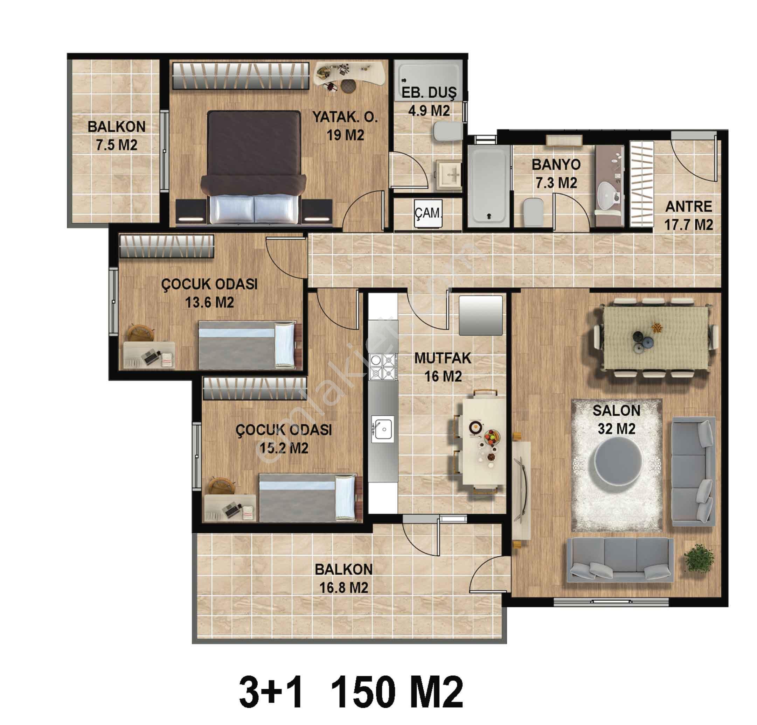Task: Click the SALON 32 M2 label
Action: (x=616, y=419)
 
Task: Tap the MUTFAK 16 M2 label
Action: (x=443, y=367)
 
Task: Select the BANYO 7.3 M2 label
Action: (x=556, y=173)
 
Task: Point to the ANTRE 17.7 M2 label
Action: (x=688, y=216)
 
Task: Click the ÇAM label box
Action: (x=428, y=213)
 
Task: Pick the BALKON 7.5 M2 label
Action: (x=116, y=135)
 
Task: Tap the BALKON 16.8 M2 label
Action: (x=343, y=579)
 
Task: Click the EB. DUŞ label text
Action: (x=429, y=93)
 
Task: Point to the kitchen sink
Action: (x=382, y=429)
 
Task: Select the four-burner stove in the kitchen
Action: (x=382, y=366)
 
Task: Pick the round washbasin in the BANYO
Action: (x=610, y=195)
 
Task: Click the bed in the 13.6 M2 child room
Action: (x=249, y=344)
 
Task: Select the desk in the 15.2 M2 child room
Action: (x=229, y=508)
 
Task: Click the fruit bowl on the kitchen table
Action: (x=492, y=437)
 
